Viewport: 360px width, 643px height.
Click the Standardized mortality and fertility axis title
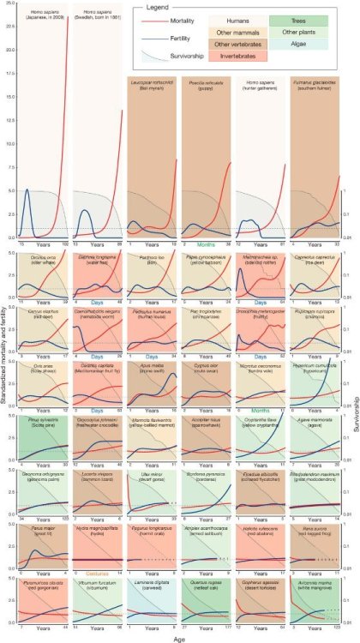coord(6,326)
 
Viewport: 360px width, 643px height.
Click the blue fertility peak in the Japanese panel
coord(27,190)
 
